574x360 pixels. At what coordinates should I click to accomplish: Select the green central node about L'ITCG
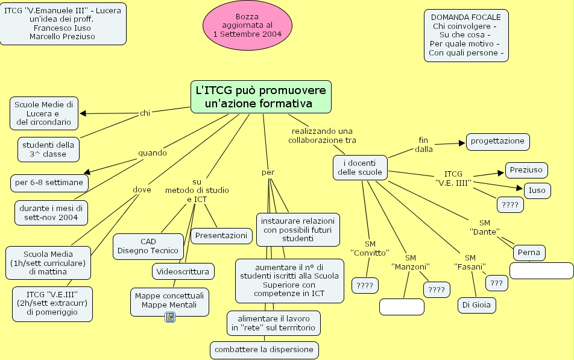[x=261, y=96]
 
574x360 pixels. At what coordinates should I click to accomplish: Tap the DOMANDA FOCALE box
[x=466, y=35]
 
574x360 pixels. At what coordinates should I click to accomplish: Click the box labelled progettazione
[x=497, y=141]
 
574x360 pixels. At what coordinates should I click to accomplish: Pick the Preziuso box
[x=526, y=170]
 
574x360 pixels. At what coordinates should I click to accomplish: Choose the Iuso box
[x=536, y=191]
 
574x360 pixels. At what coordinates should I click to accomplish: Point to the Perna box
[x=529, y=253]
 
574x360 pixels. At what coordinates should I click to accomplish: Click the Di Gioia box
[x=476, y=305]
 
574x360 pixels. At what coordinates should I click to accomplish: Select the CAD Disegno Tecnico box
[x=148, y=246]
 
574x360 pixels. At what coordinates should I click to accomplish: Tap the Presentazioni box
[x=221, y=235]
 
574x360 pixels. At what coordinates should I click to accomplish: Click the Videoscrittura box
[x=183, y=271]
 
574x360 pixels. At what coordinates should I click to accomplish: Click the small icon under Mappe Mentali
[x=170, y=317]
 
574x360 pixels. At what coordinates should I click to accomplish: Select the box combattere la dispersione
[x=264, y=350]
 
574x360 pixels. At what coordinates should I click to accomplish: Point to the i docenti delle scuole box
[x=359, y=167]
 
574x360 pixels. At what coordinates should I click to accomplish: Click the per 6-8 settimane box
[x=49, y=182]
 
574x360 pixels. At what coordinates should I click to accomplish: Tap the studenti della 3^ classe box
[x=48, y=150]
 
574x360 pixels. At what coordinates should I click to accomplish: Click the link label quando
[x=152, y=153]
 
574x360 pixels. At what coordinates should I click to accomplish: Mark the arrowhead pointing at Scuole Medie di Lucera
[x=83, y=113]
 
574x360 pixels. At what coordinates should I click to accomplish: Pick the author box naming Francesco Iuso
[x=63, y=24]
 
